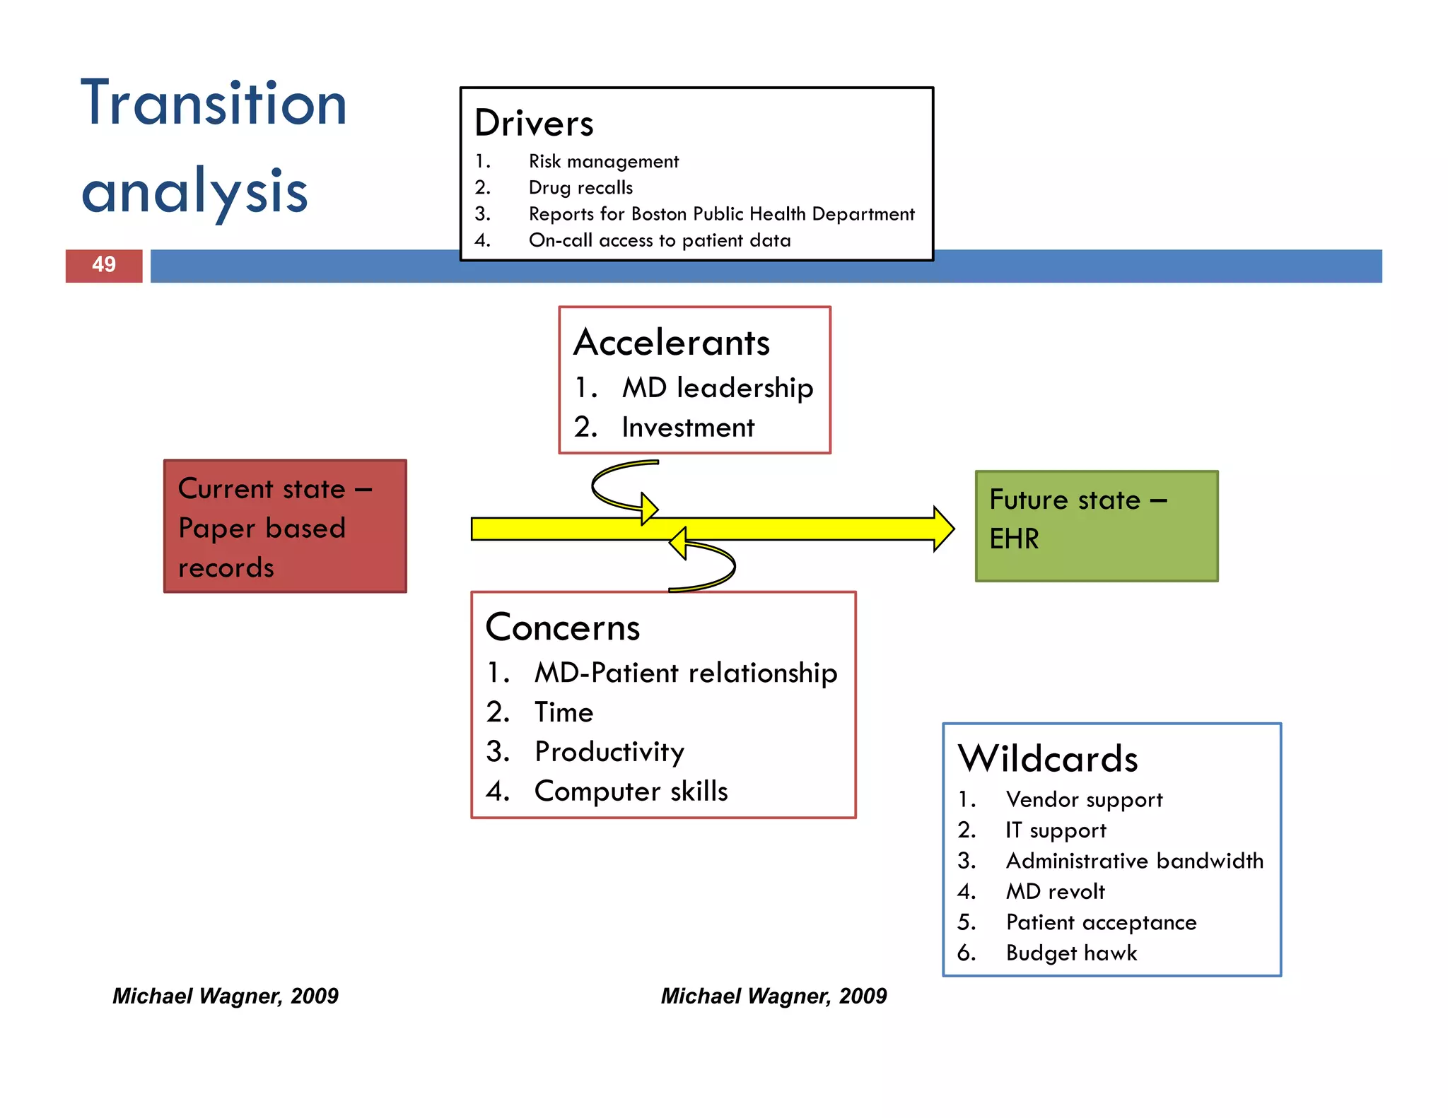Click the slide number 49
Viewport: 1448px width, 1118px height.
point(104,265)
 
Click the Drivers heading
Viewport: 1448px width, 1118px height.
point(534,124)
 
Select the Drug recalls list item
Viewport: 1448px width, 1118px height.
point(580,188)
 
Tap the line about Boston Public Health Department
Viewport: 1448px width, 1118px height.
point(721,214)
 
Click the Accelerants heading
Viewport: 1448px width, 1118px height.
point(671,343)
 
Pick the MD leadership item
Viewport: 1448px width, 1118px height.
point(717,388)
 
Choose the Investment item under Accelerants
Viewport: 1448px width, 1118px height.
point(687,428)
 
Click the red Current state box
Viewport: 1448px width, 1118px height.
point(285,526)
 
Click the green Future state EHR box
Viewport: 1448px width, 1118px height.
point(1096,526)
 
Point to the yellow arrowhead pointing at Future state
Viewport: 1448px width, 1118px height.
point(943,529)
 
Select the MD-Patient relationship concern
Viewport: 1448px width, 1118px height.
point(685,673)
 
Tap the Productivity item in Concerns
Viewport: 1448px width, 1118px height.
point(609,752)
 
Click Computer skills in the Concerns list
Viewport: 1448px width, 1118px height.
point(631,792)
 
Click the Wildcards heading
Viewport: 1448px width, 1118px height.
point(1048,759)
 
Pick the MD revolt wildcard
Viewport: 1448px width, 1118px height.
point(1055,892)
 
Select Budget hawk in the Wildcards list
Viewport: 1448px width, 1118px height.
point(1071,953)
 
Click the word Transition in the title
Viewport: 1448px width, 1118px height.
point(214,104)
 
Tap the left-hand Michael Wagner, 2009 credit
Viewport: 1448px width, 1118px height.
point(226,996)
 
